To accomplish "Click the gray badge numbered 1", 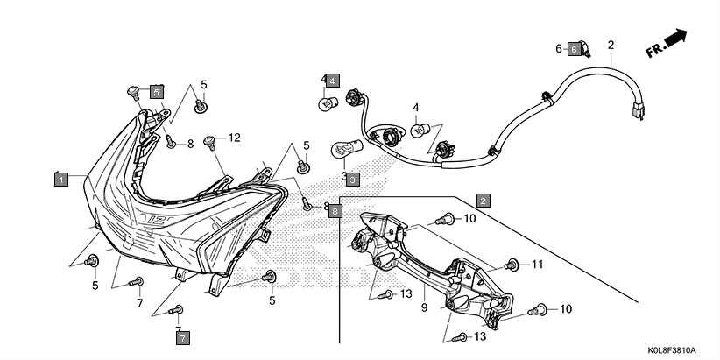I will pyautogui.click(x=60, y=180).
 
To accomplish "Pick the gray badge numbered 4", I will pyautogui.click(x=334, y=81).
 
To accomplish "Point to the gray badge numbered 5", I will pyautogui.click(x=156, y=91).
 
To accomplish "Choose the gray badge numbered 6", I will pyautogui.click(x=574, y=49).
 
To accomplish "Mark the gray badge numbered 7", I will pyautogui.click(x=182, y=336).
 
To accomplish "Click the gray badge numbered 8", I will pyautogui.click(x=336, y=211).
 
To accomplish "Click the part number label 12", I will pyautogui.click(x=234, y=138).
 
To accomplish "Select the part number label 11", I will pyautogui.click(x=538, y=264).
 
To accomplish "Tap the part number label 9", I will pyautogui.click(x=423, y=307).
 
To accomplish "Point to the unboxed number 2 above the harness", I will pyautogui.click(x=611, y=45).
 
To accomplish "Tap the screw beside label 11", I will pyautogui.click(x=513, y=264).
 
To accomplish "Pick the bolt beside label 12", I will pyautogui.click(x=210, y=139).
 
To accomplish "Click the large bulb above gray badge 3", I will pyautogui.click(x=343, y=152).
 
